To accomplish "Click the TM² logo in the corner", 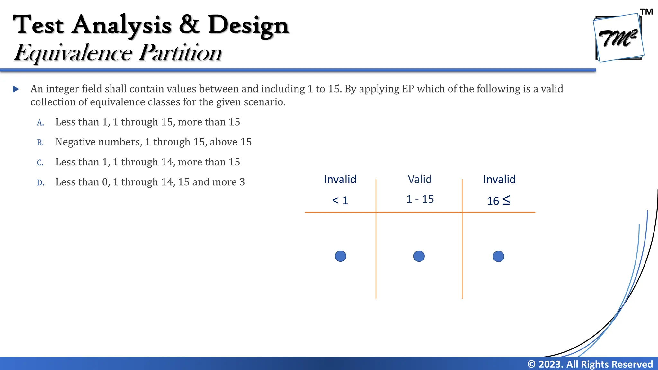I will pyautogui.click(x=619, y=38).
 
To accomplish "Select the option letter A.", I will pyautogui.click(x=40, y=123).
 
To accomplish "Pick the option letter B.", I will pyautogui.click(x=40, y=143).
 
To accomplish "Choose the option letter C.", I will pyautogui.click(x=40, y=163).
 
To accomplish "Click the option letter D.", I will pyautogui.click(x=40, y=183).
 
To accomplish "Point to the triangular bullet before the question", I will pyautogui.click(x=16, y=89).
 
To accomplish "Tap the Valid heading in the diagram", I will pyautogui.click(x=420, y=179).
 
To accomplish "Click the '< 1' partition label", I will pyautogui.click(x=340, y=200).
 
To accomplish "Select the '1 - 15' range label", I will pyautogui.click(x=420, y=199).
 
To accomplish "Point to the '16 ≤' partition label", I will pyautogui.click(x=498, y=200).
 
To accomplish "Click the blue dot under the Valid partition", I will pyautogui.click(x=419, y=256).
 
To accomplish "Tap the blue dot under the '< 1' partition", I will pyautogui.click(x=341, y=256).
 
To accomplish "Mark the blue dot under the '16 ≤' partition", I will pyautogui.click(x=498, y=256).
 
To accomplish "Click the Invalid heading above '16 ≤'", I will pyautogui.click(x=499, y=179).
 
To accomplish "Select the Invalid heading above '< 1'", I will pyautogui.click(x=340, y=179).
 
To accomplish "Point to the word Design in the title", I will pyautogui.click(x=248, y=25).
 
